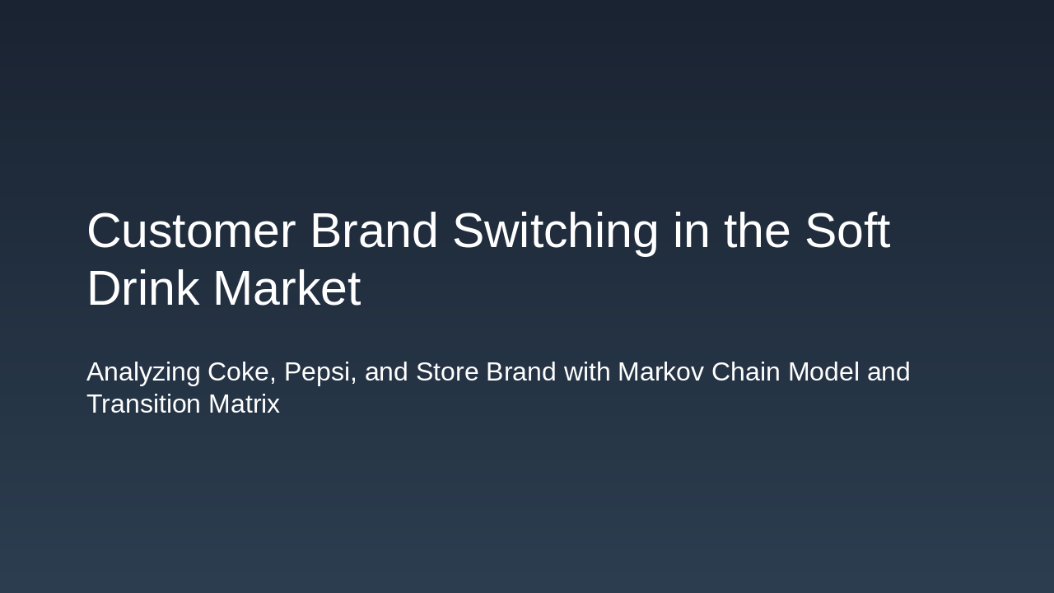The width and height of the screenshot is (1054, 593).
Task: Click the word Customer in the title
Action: click(190, 231)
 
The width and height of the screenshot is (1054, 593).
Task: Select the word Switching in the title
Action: click(555, 231)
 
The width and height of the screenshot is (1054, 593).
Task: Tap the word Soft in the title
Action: click(846, 231)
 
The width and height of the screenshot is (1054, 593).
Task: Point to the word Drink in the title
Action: click(142, 289)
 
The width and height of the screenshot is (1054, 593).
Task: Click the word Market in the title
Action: click(287, 289)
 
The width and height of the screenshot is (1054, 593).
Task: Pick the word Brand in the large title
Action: click(374, 231)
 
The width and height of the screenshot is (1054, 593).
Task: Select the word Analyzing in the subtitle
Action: click(143, 372)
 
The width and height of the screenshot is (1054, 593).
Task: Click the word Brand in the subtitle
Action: click(521, 372)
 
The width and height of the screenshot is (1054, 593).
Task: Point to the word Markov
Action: click(660, 372)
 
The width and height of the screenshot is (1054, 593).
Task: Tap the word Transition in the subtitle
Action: click(143, 404)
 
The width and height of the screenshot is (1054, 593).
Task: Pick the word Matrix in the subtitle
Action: click(244, 404)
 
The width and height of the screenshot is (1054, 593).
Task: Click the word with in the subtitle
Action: click(587, 372)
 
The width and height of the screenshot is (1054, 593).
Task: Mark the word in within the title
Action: click(691, 231)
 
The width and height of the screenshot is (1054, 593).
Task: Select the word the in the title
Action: click(756, 231)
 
